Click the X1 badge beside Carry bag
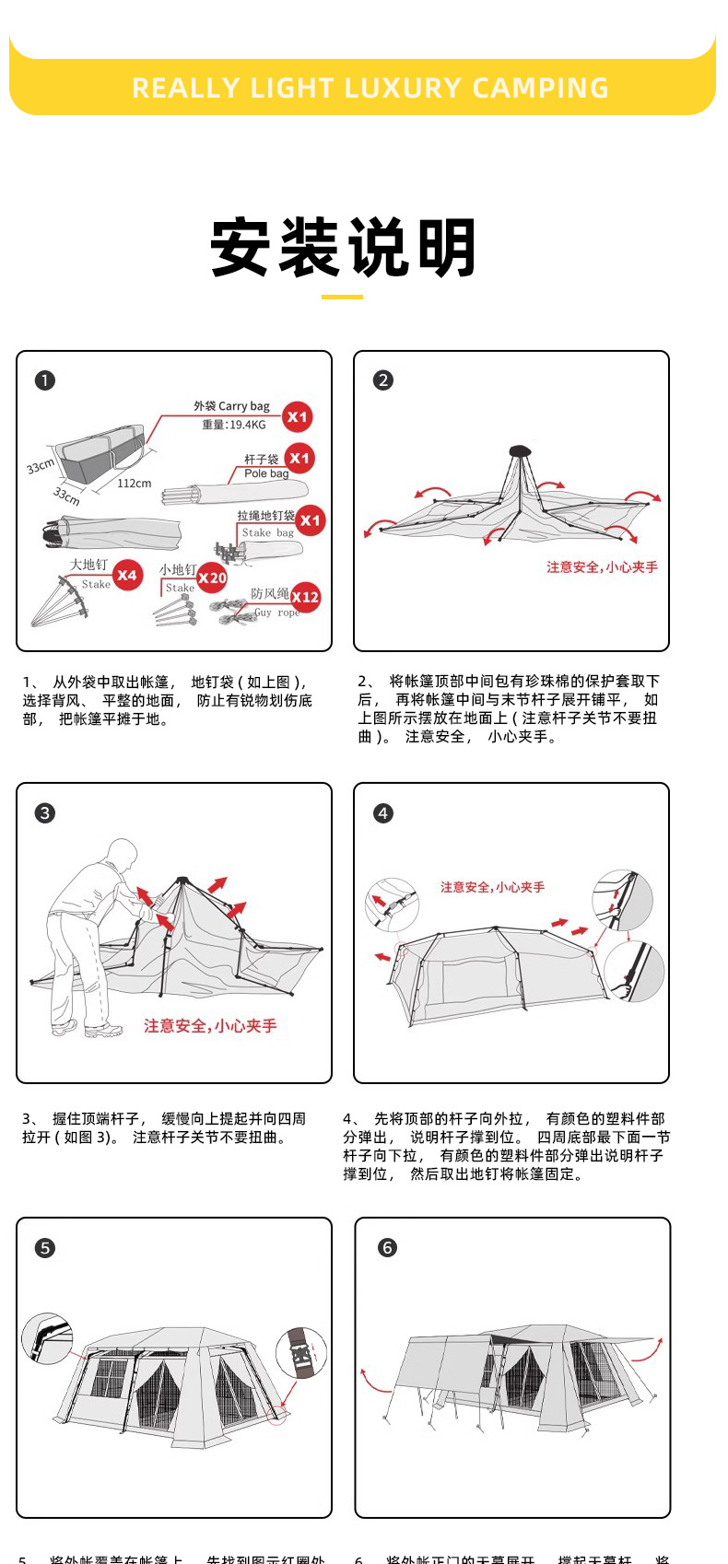click(x=297, y=417)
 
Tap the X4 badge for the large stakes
click(x=127, y=576)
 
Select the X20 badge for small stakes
click(x=212, y=578)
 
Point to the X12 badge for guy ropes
click(x=305, y=597)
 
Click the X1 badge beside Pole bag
click(x=299, y=459)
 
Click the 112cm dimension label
click(x=134, y=484)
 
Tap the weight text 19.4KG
click(x=234, y=425)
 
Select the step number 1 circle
click(x=45, y=380)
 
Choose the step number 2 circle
click(x=383, y=380)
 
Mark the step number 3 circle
click(x=45, y=812)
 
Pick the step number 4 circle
click(x=383, y=812)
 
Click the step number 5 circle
click(x=45, y=1248)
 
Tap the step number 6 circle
click(x=387, y=1248)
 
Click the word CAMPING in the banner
click(x=541, y=88)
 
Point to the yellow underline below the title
click(x=342, y=297)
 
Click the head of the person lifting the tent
click(x=121, y=853)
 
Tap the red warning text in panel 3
click(x=210, y=1025)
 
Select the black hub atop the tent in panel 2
click(x=520, y=451)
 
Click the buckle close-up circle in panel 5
click(x=301, y=1352)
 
